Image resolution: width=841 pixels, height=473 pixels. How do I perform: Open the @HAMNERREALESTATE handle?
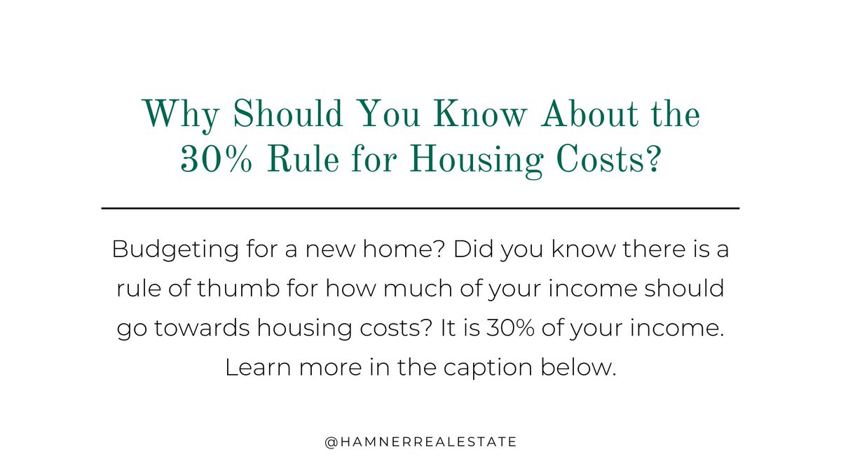tap(420, 442)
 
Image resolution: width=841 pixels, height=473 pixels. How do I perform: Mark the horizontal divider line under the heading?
tap(420, 208)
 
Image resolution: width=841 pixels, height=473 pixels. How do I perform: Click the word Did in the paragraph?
tap(473, 250)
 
